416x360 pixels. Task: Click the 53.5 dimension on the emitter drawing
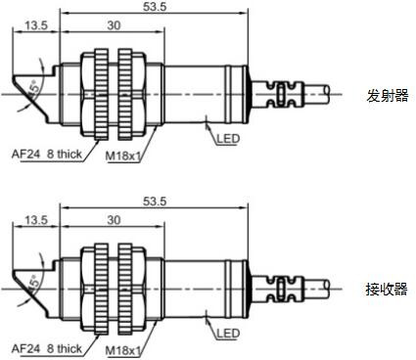tap(155, 7)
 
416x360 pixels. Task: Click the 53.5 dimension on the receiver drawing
tap(155, 202)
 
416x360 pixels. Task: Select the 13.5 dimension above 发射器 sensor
tap(36, 25)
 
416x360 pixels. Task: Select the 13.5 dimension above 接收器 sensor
tap(36, 220)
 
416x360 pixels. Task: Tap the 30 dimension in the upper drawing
tap(114, 25)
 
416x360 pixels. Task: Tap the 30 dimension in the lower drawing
tap(114, 220)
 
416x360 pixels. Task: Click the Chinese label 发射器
tap(388, 96)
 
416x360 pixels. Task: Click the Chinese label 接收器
tap(387, 289)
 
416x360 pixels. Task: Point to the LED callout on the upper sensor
tap(228, 139)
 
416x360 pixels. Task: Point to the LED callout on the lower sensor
tap(228, 334)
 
